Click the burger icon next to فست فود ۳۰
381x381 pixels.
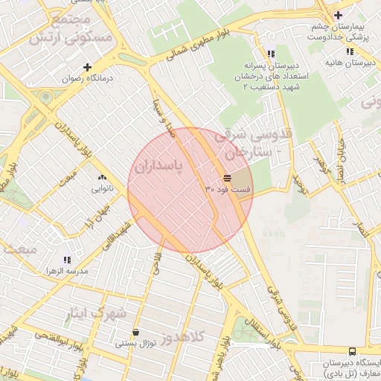(227, 177)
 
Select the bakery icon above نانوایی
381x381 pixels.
(102, 177)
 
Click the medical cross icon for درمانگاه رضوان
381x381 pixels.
(87, 66)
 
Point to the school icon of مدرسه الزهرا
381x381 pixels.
(67, 260)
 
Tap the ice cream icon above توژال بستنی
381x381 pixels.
(135, 333)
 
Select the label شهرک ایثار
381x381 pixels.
(97, 313)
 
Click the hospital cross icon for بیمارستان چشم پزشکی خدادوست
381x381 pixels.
(338, 15)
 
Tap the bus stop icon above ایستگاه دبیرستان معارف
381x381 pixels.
(352, 351)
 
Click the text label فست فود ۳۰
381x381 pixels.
(228, 190)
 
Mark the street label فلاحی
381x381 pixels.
(157, 265)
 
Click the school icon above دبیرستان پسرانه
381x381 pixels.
(271, 54)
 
